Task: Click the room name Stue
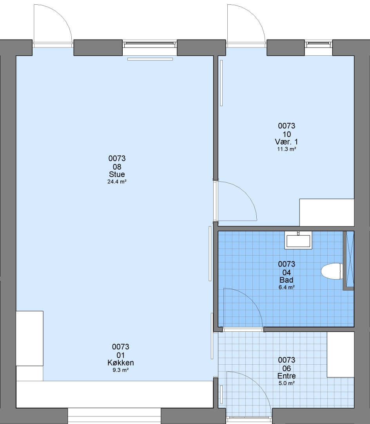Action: pos(117,174)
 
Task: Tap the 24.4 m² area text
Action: pos(117,181)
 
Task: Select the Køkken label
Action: pos(121,363)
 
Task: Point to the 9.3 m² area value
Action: pos(121,370)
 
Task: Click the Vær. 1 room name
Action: pos(287,142)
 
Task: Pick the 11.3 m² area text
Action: pos(287,149)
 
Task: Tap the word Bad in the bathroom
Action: pos(287,280)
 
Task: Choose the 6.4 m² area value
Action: pos(287,287)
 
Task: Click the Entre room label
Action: pos(287,376)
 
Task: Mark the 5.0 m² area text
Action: pos(287,383)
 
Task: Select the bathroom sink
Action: pos(298,240)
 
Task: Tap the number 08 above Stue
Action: pos(117,166)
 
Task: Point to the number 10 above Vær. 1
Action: pos(287,134)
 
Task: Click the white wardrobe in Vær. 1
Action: pos(327,212)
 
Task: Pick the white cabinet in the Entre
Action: pos(341,354)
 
